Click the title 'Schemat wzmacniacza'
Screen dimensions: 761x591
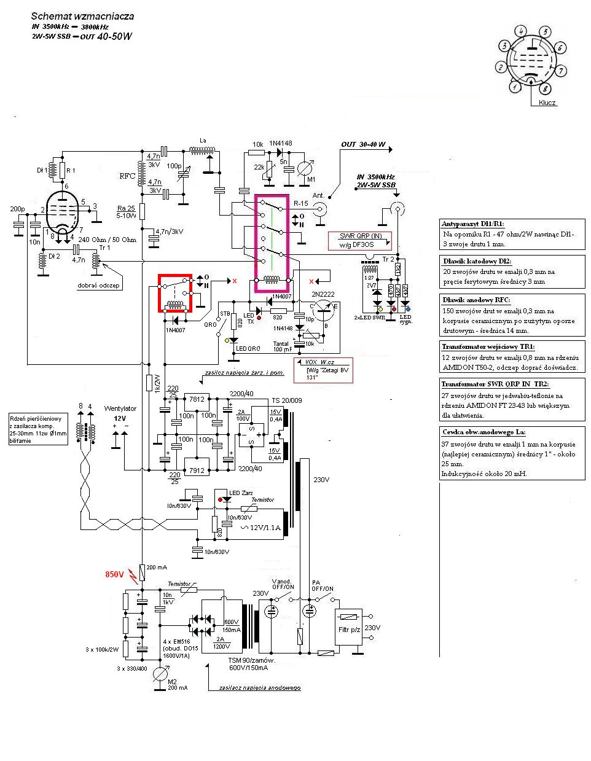tap(82, 17)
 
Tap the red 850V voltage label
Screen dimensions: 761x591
tap(114, 574)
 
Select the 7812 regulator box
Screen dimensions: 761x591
tap(197, 399)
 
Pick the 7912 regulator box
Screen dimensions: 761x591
tap(197, 470)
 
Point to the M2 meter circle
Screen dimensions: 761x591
tap(160, 674)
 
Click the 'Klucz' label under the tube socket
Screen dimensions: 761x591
tap(547, 103)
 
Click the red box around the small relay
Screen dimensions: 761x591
tap(176, 294)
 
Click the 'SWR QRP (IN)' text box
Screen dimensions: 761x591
tap(361, 236)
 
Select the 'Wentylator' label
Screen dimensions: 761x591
tap(120, 408)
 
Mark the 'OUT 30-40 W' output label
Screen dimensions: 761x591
tap(364, 144)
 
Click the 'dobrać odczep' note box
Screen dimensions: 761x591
tap(99, 285)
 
